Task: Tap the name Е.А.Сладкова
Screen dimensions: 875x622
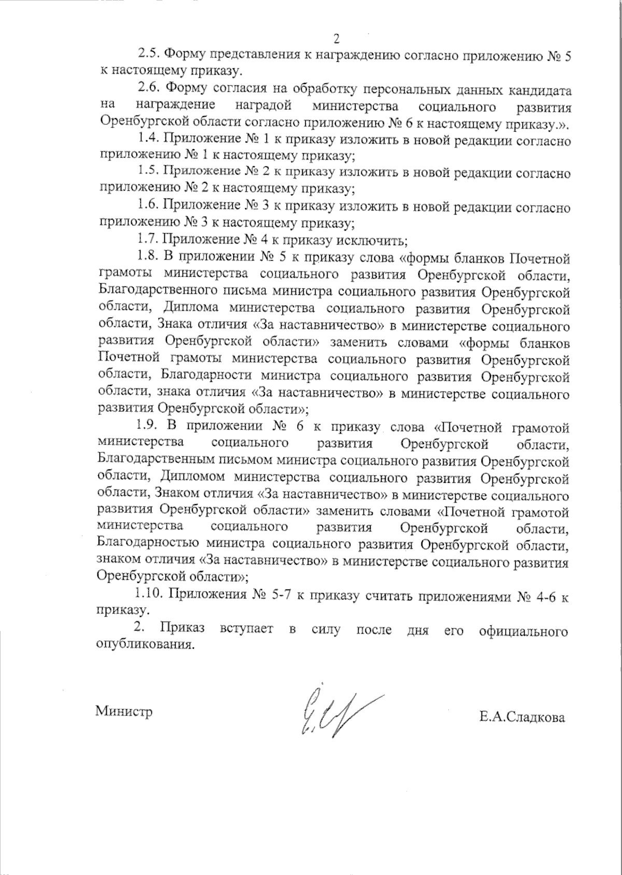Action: point(522,718)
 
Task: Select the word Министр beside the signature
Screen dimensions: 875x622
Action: point(124,711)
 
